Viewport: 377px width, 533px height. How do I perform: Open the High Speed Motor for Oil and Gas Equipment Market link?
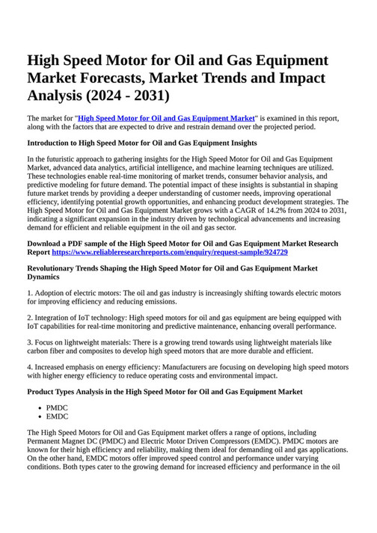click(166, 118)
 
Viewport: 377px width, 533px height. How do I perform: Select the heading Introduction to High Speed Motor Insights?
click(142, 142)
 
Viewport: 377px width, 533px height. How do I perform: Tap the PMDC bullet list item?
click(57, 408)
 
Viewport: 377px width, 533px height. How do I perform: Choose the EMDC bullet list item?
click(57, 417)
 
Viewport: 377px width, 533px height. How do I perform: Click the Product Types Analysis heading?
click(165, 391)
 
